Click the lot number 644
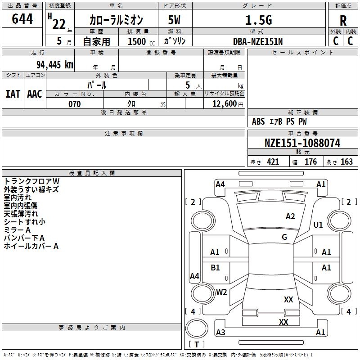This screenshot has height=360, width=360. (22, 19)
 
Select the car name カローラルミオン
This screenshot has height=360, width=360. (116, 20)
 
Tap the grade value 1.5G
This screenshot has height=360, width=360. (258, 20)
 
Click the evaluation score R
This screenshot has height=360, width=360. (343, 21)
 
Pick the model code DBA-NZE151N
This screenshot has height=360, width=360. (258, 41)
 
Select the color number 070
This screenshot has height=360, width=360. (74, 104)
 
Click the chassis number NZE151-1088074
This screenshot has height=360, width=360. (302, 144)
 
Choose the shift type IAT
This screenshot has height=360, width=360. (13, 94)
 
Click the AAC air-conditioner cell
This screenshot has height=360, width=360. (35, 94)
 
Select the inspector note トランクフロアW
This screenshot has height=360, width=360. (31, 181)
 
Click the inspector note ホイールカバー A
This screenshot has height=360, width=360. (31, 246)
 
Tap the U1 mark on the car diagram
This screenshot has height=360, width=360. (318, 225)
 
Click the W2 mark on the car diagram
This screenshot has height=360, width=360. (221, 292)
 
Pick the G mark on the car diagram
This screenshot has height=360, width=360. (284, 237)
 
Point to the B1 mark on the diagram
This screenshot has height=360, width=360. (216, 268)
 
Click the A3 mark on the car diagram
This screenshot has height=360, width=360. (220, 333)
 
